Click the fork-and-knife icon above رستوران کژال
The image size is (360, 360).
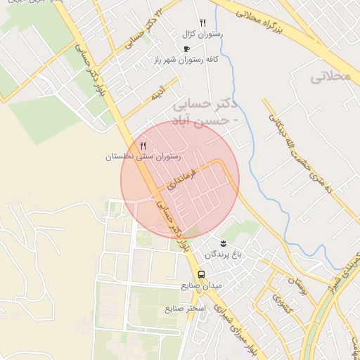click(202, 23)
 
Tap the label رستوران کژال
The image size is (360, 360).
click(202, 34)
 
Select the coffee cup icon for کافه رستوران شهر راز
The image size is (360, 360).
click(186, 49)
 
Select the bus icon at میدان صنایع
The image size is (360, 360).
click(201, 274)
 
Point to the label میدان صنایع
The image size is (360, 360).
click(201, 285)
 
